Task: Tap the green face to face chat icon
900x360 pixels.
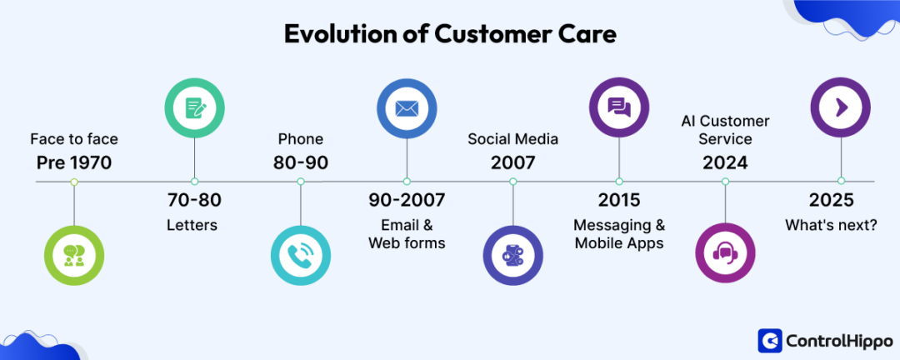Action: tap(74, 255)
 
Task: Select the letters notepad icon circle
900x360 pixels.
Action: tap(194, 107)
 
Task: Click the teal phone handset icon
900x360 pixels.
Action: tap(301, 255)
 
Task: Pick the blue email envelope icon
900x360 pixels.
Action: tap(406, 107)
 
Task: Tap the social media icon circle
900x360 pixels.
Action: tap(513, 255)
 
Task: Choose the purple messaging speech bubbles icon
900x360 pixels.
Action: tap(619, 107)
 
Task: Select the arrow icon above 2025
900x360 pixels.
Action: tap(841, 107)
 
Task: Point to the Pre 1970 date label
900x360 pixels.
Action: tap(74, 162)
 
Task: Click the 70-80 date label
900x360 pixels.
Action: tap(194, 201)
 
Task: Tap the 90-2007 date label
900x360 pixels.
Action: tap(407, 201)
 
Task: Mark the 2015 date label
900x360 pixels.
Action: tap(619, 201)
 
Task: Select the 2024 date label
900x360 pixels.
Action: tap(725, 162)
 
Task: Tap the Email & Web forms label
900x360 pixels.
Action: tap(407, 233)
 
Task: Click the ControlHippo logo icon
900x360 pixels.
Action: tap(769, 340)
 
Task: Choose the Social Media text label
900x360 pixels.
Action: tap(513, 138)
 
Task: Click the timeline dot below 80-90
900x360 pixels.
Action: tap(301, 181)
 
